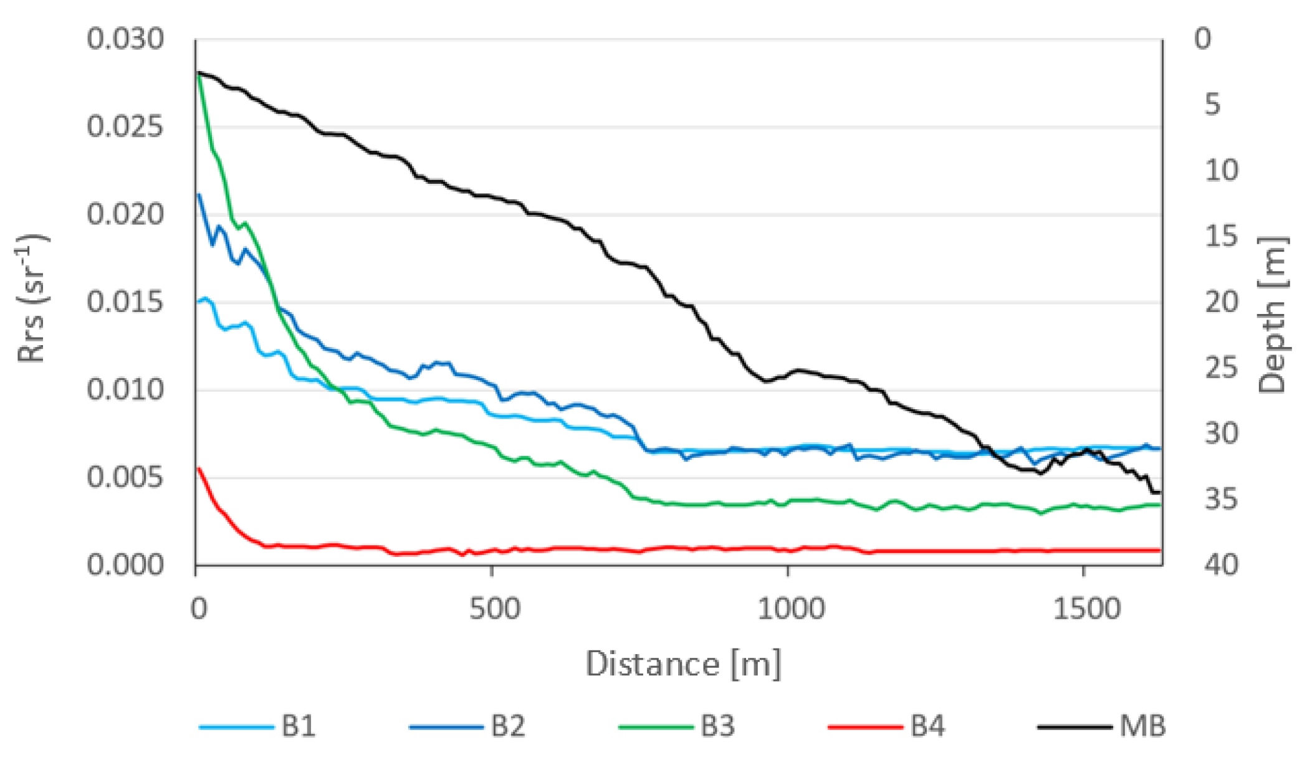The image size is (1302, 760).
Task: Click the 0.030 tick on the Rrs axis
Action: click(125, 39)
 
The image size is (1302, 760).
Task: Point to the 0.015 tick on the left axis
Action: click(125, 303)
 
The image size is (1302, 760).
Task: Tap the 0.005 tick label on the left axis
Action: click(125, 478)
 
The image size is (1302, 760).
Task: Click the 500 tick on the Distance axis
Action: click(494, 608)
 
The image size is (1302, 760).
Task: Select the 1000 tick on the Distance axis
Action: click(790, 608)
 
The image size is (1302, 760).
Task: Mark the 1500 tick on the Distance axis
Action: click(1086, 608)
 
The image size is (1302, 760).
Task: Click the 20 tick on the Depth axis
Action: click(1221, 302)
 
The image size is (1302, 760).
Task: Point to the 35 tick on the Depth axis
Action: click(1221, 499)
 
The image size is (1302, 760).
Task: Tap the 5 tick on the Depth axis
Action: click(1212, 105)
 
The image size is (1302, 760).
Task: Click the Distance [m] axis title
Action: click(682, 664)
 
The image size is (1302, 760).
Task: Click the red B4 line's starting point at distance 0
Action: click(198, 468)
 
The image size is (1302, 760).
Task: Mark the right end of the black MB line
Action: click(1159, 492)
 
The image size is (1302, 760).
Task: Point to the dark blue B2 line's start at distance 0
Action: click(199, 194)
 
